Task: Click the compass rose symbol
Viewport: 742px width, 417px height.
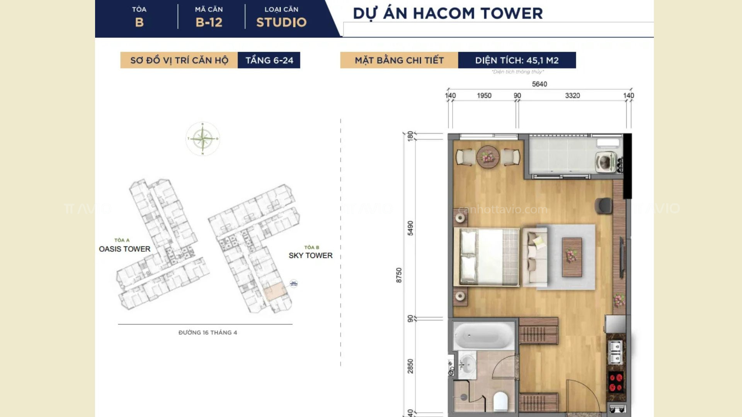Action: coord(203,139)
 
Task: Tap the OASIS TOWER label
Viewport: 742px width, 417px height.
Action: coord(124,249)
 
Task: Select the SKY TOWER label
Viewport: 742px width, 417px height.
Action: coord(310,255)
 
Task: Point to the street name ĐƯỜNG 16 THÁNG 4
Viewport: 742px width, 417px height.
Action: coord(208,332)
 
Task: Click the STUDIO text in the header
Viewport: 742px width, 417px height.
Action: coord(281,22)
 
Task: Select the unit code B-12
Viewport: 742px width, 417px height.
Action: coord(209,22)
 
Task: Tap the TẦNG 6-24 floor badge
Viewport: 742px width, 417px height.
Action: coord(269,60)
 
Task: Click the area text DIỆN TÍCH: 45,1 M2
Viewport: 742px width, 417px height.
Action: coord(517,60)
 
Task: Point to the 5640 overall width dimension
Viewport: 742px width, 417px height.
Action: coord(539,84)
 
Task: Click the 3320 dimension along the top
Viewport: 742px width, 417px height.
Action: coord(572,96)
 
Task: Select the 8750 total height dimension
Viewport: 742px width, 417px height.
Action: coord(399,275)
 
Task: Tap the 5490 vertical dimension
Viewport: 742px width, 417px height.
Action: coord(410,228)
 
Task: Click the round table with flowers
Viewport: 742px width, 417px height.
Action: coord(488,157)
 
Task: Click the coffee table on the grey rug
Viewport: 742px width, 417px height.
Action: coord(572,257)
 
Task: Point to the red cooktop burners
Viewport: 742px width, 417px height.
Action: coord(615,381)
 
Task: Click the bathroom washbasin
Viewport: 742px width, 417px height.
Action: coord(467,364)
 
